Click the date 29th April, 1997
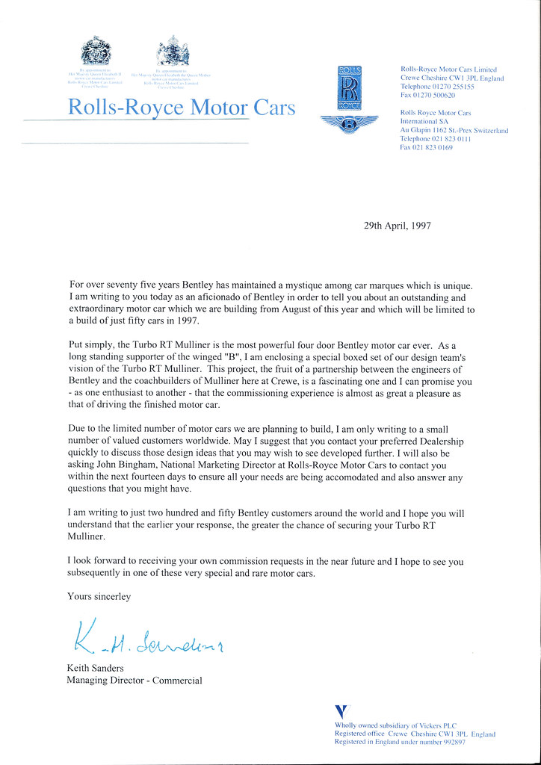click(397, 225)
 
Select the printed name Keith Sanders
click(96, 668)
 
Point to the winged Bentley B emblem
click(349, 124)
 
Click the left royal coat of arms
click(95, 52)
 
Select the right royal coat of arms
click(173, 52)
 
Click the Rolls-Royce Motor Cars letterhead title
click(181, 108)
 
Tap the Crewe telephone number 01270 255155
click(455, 87)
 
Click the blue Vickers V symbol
click(341, 712)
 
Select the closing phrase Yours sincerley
click(99, 597)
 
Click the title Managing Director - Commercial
click(134, 681)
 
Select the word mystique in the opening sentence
click(298, 285)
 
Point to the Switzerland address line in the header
click(454, 130)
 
